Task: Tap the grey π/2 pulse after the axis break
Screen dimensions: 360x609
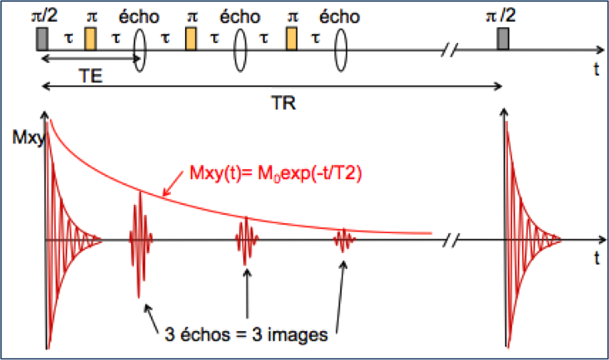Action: [x=503, y=38]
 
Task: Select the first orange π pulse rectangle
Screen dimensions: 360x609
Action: [x=91, y=38]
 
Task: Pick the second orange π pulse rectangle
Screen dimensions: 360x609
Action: [x=192, y=38]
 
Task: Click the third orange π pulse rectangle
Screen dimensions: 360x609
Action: [x=292, y=38]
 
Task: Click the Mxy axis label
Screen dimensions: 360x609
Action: [x=23, y=133]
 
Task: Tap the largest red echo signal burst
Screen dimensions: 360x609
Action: [x=139, y=240]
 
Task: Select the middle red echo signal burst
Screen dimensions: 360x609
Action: [x=245, y=241]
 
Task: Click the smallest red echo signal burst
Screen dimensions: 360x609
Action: [x=344, y=241]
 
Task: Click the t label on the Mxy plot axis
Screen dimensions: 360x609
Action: [x=597, y=260]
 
